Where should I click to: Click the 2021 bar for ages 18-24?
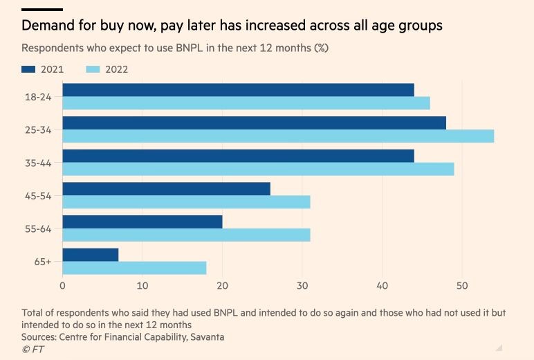point(238,90)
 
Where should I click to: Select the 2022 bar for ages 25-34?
point(278,136)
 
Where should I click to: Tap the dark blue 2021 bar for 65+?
point(91,254)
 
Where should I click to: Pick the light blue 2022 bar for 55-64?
point(186,235)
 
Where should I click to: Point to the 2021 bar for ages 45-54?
point(166,189)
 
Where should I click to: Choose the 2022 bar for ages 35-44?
point(258,169)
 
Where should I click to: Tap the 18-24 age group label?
point(37,96)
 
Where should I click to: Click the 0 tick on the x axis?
point(63,285)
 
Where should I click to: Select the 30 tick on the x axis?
point(302,285)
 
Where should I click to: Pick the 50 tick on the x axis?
point(462,285)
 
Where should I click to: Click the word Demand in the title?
point(46,26)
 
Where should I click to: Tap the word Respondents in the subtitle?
point(55,48)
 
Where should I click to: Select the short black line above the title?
point(42,10)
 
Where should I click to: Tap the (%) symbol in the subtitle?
point(321,48)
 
